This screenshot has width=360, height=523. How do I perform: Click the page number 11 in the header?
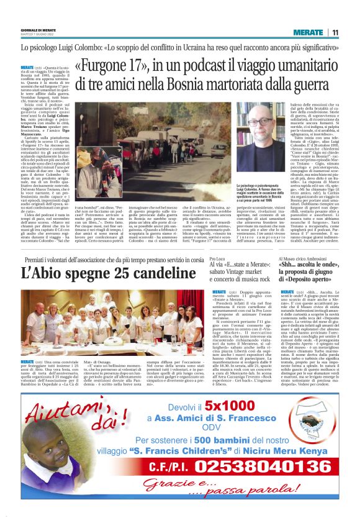click(x=335, y=32)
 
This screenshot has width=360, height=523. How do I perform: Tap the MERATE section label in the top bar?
click(x=308, y=32)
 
